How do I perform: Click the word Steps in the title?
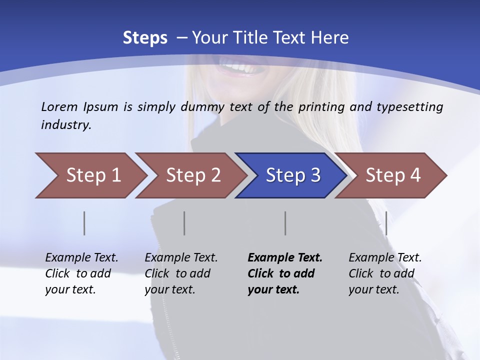click(x=145, y=38)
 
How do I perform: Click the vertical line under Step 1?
click(x=84, y=223)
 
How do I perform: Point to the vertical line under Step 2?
click(x=184, y=223)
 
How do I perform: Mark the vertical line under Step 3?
click(x=285, y=223)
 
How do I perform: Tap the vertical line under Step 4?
click(x=386, y=223)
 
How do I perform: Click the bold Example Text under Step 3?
click(x=285, y=273)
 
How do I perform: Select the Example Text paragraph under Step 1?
click(x=81, y=273)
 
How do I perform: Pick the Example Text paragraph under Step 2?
click(x=181, y=273)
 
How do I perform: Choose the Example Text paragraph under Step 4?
click(x=385, y=273)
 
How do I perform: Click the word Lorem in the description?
click(x=59, y=107)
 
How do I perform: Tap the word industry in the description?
click(x=66, y=125)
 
